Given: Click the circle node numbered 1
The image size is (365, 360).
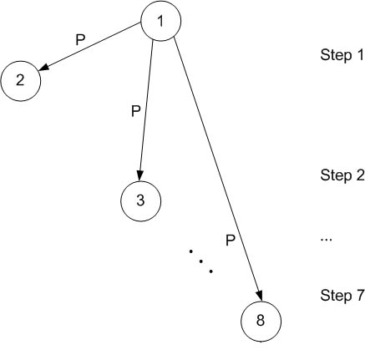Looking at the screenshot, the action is [161, 21].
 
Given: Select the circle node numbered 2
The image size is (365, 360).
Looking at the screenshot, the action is [21, 81].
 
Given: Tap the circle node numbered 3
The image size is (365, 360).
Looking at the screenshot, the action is [140, 201].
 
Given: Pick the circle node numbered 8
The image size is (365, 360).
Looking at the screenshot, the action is [261, 322].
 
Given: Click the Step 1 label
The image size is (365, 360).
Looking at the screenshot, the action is [342, 55].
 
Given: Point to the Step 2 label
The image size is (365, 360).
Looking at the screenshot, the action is [342, 175].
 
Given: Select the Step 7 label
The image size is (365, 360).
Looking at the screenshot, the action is [342, 296].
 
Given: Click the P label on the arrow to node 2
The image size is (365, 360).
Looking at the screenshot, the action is [80, 40].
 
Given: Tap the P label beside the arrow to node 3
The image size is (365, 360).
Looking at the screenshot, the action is [136, 111].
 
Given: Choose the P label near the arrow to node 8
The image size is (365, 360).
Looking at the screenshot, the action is [231, 241].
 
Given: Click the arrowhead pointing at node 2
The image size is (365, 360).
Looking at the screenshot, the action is [43, 68].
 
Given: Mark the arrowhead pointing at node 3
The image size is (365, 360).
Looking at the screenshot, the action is [139, 175].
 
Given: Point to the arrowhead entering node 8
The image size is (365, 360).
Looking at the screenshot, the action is [259, 296].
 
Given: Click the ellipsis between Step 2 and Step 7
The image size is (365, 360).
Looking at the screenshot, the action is [327, 239].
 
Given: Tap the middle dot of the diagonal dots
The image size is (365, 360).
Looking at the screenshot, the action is [200, 261].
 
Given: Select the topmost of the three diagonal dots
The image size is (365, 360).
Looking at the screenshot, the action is [191, 251].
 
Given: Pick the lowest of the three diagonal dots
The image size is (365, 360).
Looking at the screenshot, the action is [211, 271].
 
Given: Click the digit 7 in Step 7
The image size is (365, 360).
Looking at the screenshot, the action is [360, 295].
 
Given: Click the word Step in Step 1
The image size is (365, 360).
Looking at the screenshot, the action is [336, 55].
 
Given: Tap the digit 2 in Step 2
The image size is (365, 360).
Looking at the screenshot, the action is [360, 175].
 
